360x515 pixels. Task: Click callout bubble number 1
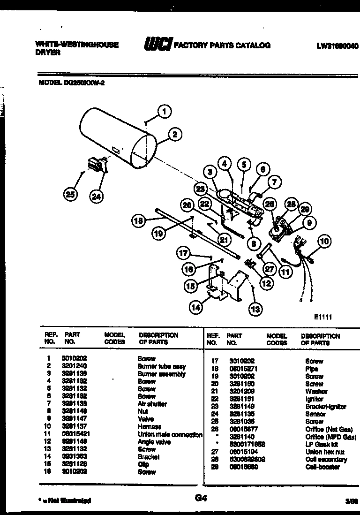[164, 111]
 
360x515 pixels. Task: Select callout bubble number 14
[196, 307]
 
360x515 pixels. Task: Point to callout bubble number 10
[323, 242]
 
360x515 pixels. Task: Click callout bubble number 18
[138, 221]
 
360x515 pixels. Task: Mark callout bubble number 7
[275, 181]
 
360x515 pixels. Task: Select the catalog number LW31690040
[337, 45]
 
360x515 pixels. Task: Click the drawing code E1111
[323, 317]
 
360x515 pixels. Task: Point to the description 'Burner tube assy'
[161, 366]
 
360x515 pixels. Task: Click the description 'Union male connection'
[170, 434]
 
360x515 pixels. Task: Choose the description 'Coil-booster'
[322, 467]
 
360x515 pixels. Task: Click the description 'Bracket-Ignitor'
[325, 407]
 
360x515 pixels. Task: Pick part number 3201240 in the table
[74, 366]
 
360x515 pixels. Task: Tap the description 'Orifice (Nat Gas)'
[328, 429]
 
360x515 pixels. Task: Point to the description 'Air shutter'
[152, 404]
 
